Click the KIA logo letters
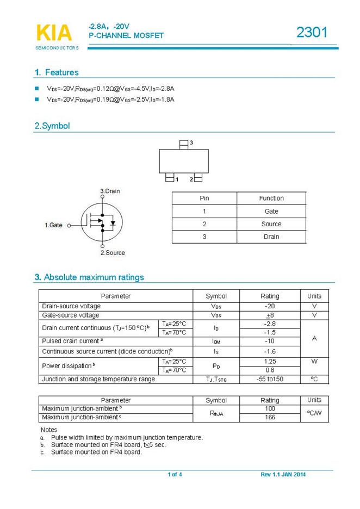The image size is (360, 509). coord(53,33)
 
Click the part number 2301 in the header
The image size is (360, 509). coord(312,33)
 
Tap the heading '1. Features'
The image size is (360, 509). coord(57,72)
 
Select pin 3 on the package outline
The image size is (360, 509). coord(184,144)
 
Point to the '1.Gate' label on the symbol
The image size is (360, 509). coord(53,225)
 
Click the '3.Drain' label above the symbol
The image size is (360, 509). coord(110,191)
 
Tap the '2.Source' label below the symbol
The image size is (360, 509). coord(113,252)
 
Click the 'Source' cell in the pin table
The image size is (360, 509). coord(271,224)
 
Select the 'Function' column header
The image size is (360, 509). coord(271,198)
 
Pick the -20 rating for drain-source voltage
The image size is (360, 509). coord(270,306)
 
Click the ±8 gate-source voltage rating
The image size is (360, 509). coord(270,315)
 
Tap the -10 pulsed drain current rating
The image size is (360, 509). coord(270,341)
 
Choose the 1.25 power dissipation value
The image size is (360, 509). coord(270,361)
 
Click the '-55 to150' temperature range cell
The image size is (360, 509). coord(270,379)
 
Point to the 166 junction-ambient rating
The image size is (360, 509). coord(270,418)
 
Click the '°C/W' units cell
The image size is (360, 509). coord(314,413)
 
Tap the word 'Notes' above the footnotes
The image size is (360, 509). coord(49,430)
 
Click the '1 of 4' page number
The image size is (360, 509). coord(175,475)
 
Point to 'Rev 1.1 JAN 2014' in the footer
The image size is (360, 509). coord(283,475)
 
